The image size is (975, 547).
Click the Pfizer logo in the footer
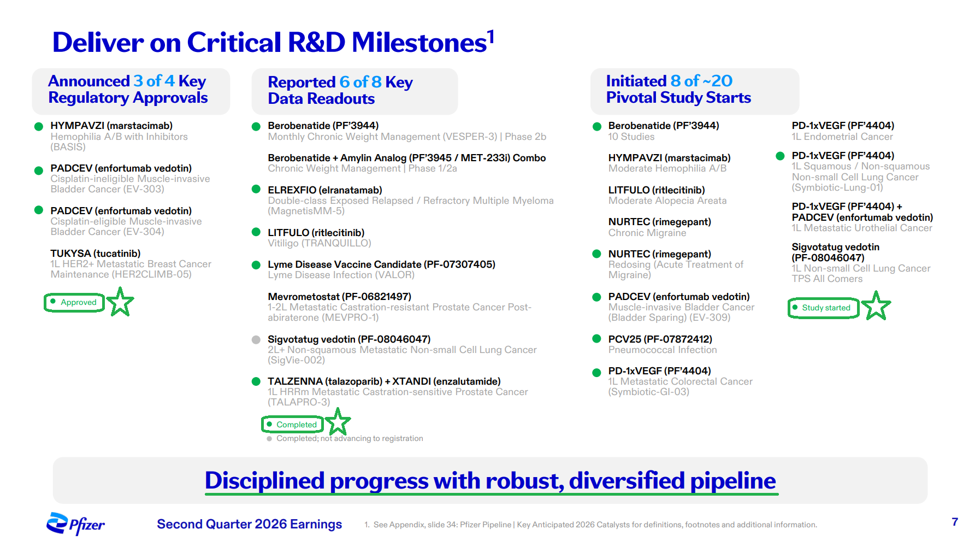pos(75,524)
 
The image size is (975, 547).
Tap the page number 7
pos(955,522)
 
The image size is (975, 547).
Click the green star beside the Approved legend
pos(120,302)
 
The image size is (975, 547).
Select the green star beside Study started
pos(876,305)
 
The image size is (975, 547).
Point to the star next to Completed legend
pos(338,422)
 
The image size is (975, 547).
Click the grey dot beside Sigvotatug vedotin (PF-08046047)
pos(256,339)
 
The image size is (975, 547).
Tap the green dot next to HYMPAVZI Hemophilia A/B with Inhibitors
pos(39,127)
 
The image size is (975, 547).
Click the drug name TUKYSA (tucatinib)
pos(96,254)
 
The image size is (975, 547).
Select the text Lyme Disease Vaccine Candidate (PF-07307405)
pos(381,264)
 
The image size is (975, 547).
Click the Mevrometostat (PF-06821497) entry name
pos(339,297)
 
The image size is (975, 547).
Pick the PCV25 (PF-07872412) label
pos(660,339)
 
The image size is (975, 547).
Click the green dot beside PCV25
pos(597,339)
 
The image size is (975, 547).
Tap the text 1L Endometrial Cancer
pos(842,137)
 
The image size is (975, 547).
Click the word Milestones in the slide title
pos(419,43)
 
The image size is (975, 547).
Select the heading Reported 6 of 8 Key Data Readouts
pos(340,90)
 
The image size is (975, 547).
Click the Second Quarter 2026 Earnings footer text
pos(249,524)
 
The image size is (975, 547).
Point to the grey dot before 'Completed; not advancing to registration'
pos(269,438)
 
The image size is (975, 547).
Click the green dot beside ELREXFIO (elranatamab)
pos(256,189)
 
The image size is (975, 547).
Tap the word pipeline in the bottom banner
pos(732,481)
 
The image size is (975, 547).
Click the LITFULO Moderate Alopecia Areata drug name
pos(657,190)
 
